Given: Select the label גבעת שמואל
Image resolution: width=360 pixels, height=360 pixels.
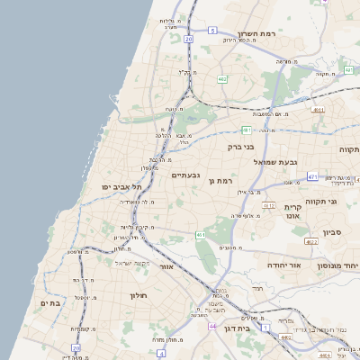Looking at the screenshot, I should point(275,162).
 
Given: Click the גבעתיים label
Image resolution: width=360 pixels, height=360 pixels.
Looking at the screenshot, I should point(185,175).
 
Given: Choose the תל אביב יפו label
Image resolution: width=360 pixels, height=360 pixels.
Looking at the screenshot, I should point(123,186).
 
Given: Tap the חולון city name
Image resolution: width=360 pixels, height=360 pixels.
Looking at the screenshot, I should point(138,295).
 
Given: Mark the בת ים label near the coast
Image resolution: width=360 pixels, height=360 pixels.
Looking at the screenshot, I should point(49,303).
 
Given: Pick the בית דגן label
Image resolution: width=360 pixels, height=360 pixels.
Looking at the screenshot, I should point(255,319).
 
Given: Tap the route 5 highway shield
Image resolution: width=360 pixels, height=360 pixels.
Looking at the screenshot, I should point(212,30).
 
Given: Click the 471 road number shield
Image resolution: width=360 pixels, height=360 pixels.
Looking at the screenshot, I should point(311,177).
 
